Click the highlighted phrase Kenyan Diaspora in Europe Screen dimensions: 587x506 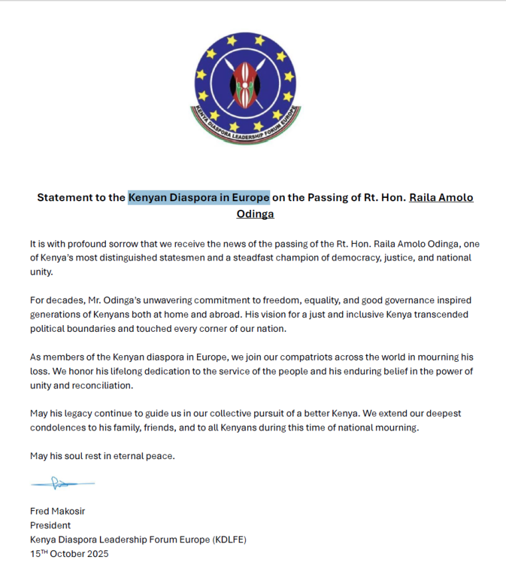point(199,197)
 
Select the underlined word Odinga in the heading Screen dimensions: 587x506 point(255,214)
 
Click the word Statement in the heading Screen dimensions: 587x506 point(64,197)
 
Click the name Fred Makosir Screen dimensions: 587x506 point(59,511)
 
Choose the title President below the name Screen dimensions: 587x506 point(50,525)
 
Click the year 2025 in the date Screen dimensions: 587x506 point(96,554)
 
